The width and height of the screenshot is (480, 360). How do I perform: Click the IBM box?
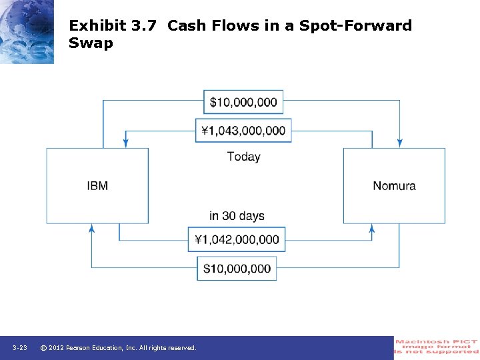[97, 186]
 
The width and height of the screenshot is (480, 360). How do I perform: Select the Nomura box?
[394, 186]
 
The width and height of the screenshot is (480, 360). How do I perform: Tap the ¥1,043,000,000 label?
[243, 131]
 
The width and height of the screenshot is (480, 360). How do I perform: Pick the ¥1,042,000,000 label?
[237, 239]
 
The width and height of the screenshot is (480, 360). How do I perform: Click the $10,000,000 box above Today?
[243, 102]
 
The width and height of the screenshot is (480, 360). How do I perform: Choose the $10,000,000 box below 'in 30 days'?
[237, 269]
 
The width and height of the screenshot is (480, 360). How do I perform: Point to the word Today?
[243, 157]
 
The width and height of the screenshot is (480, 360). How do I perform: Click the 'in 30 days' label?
[237, 216]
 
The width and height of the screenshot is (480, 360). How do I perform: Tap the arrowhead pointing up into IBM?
[92, 228]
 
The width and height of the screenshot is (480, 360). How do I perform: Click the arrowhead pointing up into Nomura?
[372, 228]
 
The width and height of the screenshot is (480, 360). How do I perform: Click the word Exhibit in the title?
[97, 26]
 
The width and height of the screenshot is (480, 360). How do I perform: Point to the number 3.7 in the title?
[145, 26]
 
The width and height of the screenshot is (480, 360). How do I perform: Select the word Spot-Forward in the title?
[356, 26]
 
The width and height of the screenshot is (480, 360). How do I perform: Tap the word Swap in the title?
[91, 43]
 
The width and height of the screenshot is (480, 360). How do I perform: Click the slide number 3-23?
[19, 348]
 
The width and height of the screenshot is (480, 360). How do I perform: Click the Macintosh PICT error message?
[437, 347]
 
